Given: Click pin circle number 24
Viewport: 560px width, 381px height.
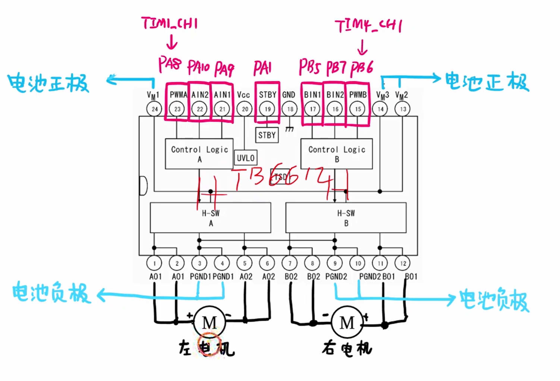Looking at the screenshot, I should pyautogui.click(x=154, y=109).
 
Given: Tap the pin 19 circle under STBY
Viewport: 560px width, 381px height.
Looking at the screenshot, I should pyautogui.click(x=267, y=109).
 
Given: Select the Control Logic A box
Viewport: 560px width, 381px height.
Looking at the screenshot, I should pyautogui.click(x=199, y=154).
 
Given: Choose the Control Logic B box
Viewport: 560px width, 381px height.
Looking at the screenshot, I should pyautogui.click(x=336, y=154).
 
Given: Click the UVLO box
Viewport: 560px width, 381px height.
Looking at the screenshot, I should pyautogui.click(x=246, y=158).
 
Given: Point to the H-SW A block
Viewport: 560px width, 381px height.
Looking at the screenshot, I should pyautogui.click(x=210, y=218).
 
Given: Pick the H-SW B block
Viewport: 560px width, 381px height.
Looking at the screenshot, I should pyautogui.click(x=346, y=218).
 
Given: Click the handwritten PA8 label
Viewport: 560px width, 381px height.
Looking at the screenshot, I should pyautogui.click(x=170, y=65).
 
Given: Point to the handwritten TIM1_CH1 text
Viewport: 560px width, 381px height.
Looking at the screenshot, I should pyautogui.click(x=170, y=24).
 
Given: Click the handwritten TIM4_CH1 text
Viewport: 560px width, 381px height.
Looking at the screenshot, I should pyautogui.click(x=368, y=26).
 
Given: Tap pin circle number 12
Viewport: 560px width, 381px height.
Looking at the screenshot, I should pyautogui.click(x=403, y=263).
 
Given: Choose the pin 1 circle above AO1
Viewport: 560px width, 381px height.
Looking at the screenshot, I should pyautogui.click(x=154, y=263).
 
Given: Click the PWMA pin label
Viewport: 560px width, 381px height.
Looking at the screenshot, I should pyautogui.click(x=178, y=95).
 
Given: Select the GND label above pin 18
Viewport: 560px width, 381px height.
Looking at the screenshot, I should pyautogui.click(x=289, y=95).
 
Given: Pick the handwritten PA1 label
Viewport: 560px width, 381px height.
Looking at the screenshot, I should pyautogui.click(x=262, y=68).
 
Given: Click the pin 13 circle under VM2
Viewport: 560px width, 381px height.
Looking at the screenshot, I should pyautogui.click(x=403, y=109).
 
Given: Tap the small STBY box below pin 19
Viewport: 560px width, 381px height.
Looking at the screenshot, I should pyautogui.click(x=267, y=135).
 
